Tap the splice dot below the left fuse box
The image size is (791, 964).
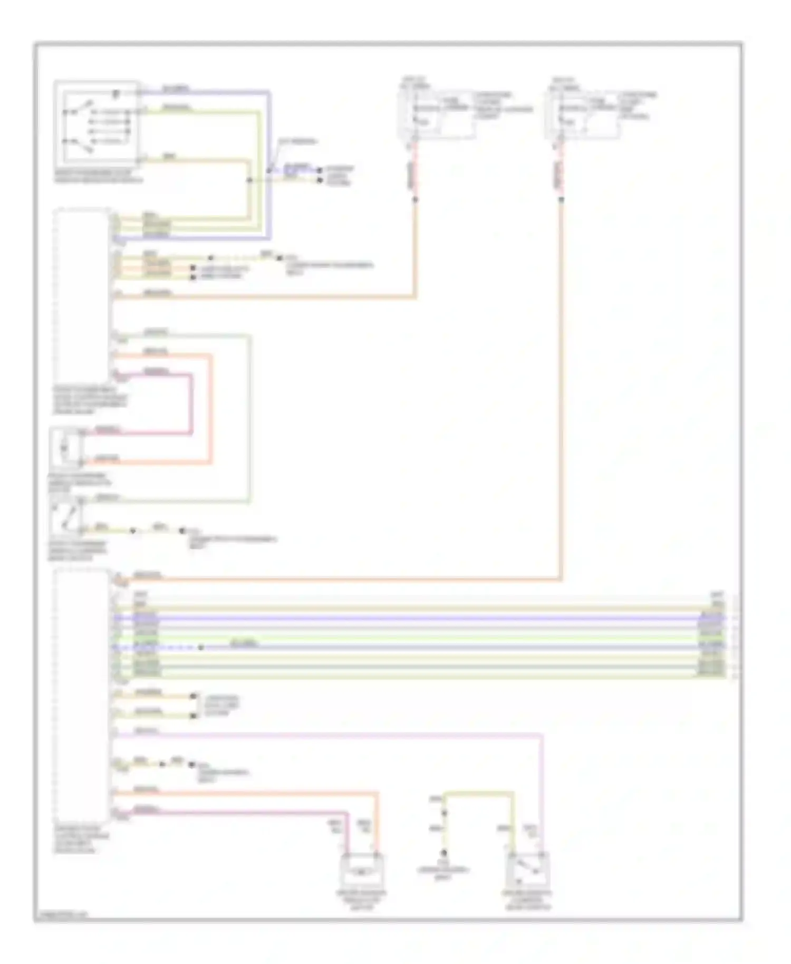tap(416, 199)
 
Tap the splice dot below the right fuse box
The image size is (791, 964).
tap(561, 199)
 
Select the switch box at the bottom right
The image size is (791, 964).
tap(527, 869)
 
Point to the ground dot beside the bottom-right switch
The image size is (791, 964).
tap(444, 853)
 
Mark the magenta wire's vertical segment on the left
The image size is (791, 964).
tap(191, 403)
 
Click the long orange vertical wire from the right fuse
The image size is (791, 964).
tap(561, 390)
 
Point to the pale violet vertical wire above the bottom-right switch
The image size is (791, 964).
tap(542, 791)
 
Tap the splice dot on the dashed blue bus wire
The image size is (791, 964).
tap(200, 647)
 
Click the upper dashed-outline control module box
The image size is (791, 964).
tap(82, 295)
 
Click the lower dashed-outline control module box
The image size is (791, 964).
tap(82, 696)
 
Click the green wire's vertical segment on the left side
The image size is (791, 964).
tap(250, 417)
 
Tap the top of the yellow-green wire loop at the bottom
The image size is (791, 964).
tap(477, 793)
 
